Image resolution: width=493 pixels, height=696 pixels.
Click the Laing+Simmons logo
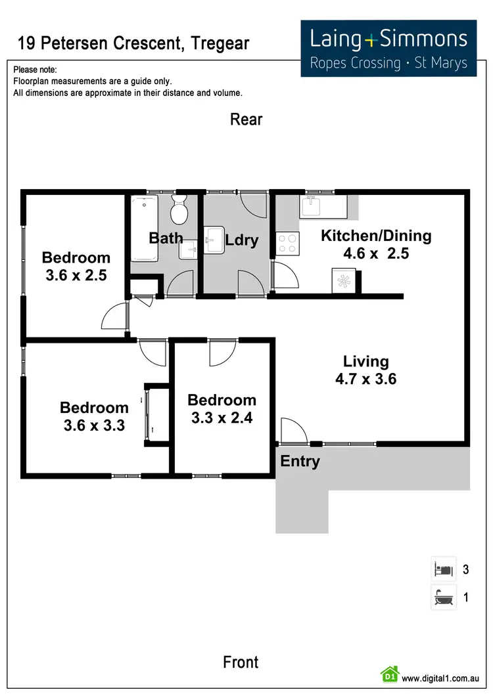pyautogui.click(x=388, y=48)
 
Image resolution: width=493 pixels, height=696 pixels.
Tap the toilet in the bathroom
pyautogui.click(x=178, y=209)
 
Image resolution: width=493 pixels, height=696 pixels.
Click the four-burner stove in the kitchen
pyautogui.click(x=287, y=244)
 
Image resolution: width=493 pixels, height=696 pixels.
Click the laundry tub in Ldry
pyautogui.click(x=214, y=239)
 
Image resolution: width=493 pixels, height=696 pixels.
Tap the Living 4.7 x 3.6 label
pyautogui.click(x=366, y=370)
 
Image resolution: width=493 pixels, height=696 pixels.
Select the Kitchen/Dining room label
pyautogui.click(x=375, y=244)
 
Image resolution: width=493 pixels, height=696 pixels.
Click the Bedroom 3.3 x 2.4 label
pyautogui.click(x=222, y=408)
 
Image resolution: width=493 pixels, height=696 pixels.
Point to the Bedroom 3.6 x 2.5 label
pyautogui.click(x=76, y=266)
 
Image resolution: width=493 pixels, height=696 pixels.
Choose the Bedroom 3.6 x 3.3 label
pyautogui.click(x=94, y=416)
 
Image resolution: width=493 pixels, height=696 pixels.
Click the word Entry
pyautogui.click(x=300, y=462)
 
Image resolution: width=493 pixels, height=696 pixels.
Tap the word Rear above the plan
pyautogui.click(x=246, y=120)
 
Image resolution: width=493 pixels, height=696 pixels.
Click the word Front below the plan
pyautogui.click(x=241, y=662)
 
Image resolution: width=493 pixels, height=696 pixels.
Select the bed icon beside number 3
pyautogui.click(x=443, y=569)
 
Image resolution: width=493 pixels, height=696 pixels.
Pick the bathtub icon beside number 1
pyautogui.click(x=443, y=598)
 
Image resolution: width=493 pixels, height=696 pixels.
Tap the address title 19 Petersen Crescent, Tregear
pyautogui.click(x=133, y=44)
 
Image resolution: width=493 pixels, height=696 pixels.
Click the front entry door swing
pyautogui.click(x=293, y=430)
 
